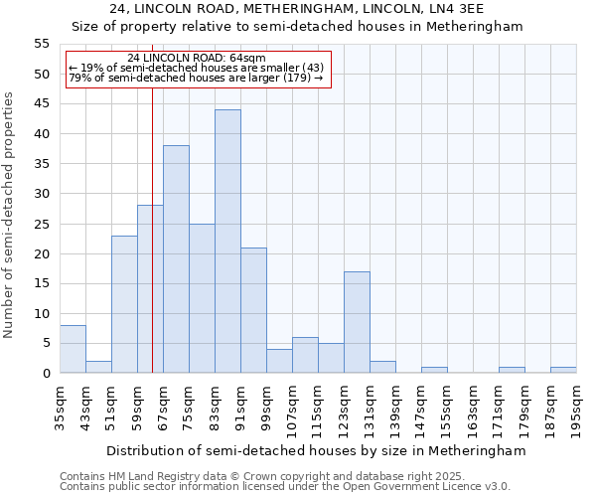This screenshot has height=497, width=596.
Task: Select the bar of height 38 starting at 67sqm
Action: click(176, 259)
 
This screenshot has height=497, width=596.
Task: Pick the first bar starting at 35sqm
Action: click(73, 349)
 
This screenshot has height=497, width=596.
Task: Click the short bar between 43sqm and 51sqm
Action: click(98, 367)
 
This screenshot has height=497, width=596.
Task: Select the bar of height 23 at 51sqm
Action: click(124, 304)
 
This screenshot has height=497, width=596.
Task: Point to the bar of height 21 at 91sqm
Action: click(253, 310)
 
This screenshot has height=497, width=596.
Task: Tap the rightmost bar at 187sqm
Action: click(563, 370)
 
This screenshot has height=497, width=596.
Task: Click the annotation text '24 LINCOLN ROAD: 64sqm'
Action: click(197, 58)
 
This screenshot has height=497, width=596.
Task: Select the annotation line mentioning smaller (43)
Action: click(197, 68)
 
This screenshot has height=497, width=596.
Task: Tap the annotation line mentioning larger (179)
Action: click(197, 78)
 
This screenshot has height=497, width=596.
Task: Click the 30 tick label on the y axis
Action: click(42, 194)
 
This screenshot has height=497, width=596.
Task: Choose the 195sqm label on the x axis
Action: click(577, 409)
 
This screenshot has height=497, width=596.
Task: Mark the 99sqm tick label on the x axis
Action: click(267, 409)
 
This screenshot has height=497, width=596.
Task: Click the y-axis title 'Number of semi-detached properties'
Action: click(10, 215)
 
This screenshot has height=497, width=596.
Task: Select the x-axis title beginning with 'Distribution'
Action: click(315, 450)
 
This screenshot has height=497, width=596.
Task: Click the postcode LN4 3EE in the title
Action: click(451, 9)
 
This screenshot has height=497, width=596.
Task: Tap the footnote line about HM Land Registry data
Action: click(284, 476)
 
